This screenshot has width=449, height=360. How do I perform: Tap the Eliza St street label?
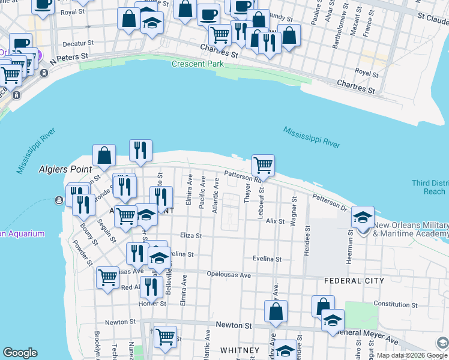pos(191,236)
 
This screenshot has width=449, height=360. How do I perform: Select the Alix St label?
pos(275,221)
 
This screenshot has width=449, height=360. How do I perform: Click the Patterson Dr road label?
pos(330,202)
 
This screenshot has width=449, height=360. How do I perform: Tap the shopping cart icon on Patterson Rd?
pos(263,165)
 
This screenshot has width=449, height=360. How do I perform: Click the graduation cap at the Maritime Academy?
pos(363,218)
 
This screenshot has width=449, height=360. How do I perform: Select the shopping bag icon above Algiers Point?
pos(104,156)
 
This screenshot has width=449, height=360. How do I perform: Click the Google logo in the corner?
pos(20,353)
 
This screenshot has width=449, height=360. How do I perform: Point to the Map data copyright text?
pos(405,355)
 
